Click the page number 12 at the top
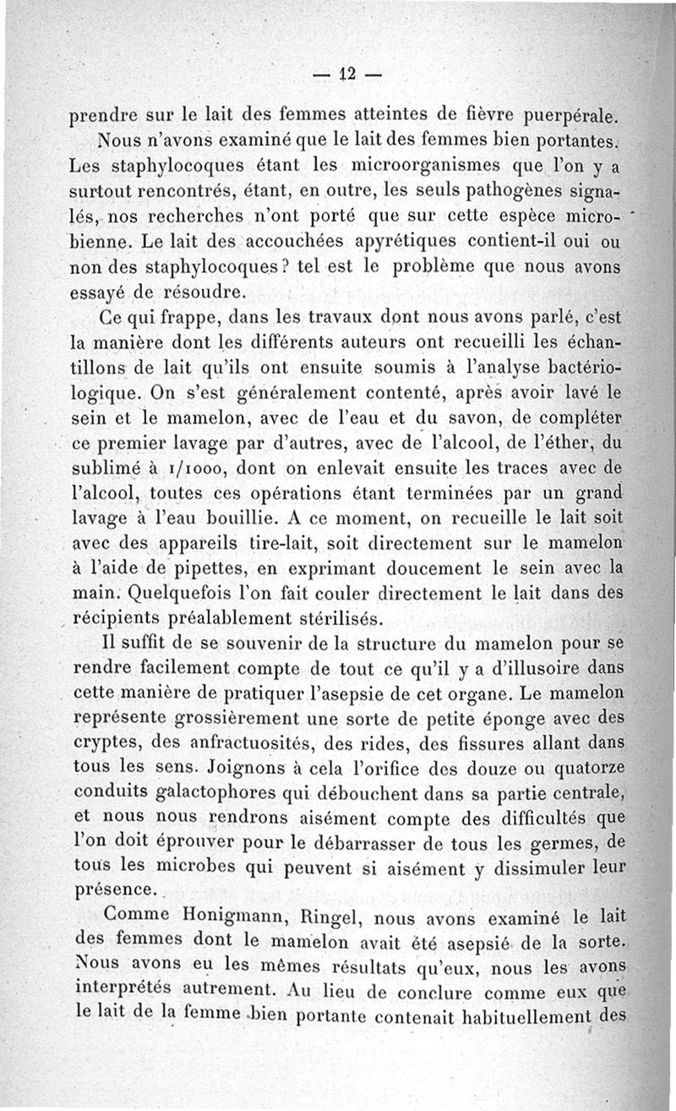click(x=347, y=74)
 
